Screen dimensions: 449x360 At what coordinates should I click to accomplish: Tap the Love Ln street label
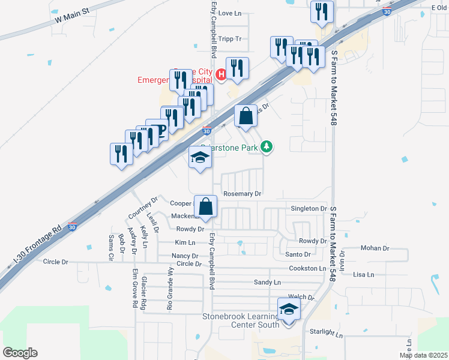tap(229, 13)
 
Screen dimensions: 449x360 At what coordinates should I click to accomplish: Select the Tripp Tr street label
tap(229, 39)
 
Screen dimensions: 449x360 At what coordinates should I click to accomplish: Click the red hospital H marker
tap(220, 74)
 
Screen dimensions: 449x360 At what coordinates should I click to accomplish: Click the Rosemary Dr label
tap(243, 194)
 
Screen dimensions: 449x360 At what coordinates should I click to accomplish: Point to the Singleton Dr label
tap(308, 208)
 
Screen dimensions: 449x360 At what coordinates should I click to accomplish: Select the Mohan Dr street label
tap(375, 248)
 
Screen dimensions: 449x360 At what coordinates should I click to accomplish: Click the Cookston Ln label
tap(307, 269)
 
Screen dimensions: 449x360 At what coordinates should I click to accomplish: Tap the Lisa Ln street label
tap(364, 275)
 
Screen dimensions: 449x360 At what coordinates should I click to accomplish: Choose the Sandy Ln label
tap(267, 282)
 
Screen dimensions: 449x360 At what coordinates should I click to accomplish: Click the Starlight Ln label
tap(326, 332)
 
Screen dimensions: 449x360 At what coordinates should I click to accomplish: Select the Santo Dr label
tap(298, 254)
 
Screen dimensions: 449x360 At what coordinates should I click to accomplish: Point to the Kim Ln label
tap(185, 242)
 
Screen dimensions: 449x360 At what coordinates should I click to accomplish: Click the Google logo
tap(20, 353)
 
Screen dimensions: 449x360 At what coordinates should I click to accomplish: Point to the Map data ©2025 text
tap(423, 355)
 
